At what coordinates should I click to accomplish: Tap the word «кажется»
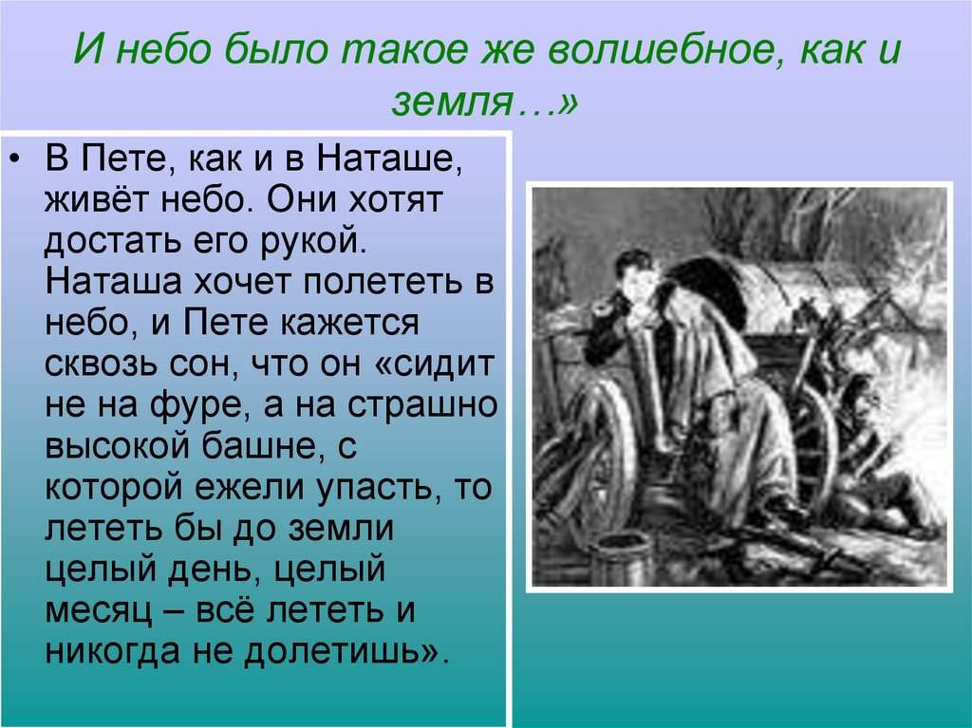[350, 321]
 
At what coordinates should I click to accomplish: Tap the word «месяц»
[98, 610]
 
